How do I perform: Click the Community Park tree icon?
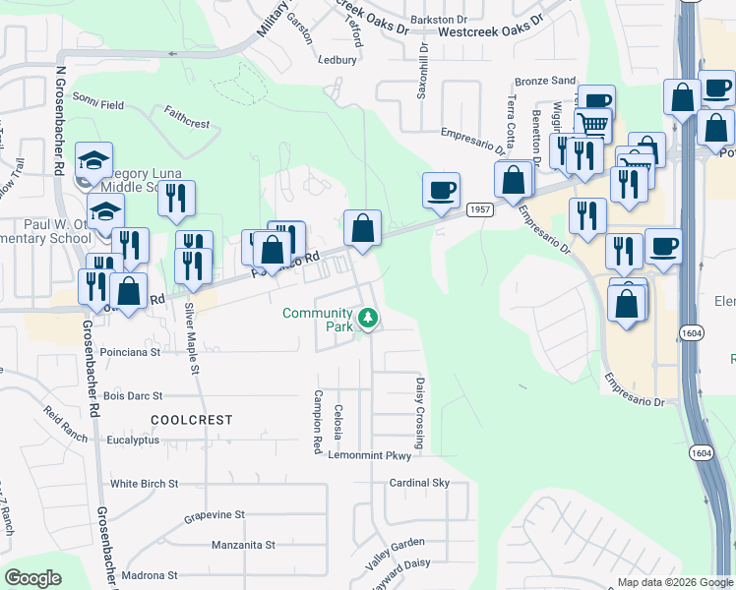368,317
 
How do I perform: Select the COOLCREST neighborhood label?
192,420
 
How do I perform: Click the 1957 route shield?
480,209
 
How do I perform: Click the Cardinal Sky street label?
419,483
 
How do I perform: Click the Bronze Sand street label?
545,81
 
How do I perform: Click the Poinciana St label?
131,351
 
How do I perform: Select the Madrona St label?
145,575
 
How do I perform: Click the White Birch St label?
144,484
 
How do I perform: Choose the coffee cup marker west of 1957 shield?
441,190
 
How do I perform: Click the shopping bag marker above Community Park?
363,229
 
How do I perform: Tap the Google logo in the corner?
32,578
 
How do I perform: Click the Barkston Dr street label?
438,19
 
